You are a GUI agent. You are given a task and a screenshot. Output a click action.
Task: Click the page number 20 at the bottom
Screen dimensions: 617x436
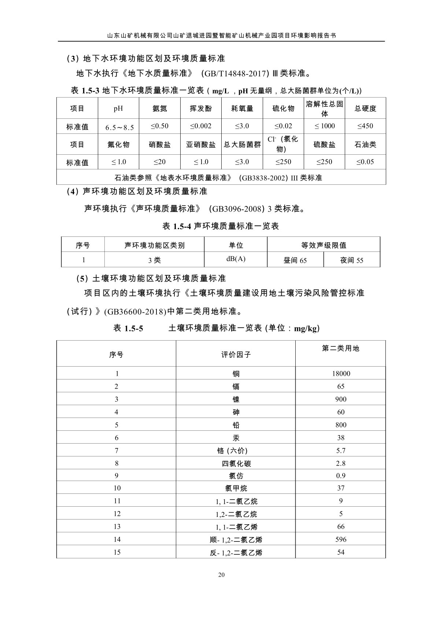click(221, 574)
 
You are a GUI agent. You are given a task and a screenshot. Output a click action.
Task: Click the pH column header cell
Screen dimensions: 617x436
click(118, 109)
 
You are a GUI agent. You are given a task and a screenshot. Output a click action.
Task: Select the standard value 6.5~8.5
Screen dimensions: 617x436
click(119, 127)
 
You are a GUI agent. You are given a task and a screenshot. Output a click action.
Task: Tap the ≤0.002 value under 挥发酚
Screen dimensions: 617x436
click(201, 126)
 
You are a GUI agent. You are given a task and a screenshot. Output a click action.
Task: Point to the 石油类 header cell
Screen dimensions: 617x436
click(365, 144)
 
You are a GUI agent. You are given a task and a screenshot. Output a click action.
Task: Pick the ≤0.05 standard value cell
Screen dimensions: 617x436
click(365, 162)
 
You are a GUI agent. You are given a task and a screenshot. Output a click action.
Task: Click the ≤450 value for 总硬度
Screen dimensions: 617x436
click(365, 126)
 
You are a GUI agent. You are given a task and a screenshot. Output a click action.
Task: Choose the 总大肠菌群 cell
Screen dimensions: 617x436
click(242, 144)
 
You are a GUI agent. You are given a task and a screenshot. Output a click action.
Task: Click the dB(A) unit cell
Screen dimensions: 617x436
click(236, 259)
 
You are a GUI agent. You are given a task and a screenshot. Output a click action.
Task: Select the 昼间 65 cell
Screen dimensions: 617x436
click(295, 260)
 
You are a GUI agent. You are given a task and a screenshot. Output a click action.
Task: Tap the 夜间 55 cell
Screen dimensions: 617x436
click(352, 260)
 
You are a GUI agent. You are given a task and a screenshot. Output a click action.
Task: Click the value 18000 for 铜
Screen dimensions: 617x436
click(341, 374)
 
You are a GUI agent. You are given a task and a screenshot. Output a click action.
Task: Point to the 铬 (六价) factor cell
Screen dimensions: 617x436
click(236, 451)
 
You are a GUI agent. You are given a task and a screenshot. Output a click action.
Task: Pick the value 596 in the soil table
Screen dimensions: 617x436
click(341, 539)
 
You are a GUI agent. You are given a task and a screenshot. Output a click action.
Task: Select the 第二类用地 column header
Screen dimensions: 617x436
click(341, 348)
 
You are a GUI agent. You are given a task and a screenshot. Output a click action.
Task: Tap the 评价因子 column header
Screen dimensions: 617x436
click(236, 355)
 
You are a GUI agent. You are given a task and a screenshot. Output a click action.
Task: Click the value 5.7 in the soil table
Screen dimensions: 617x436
click(341, 451)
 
